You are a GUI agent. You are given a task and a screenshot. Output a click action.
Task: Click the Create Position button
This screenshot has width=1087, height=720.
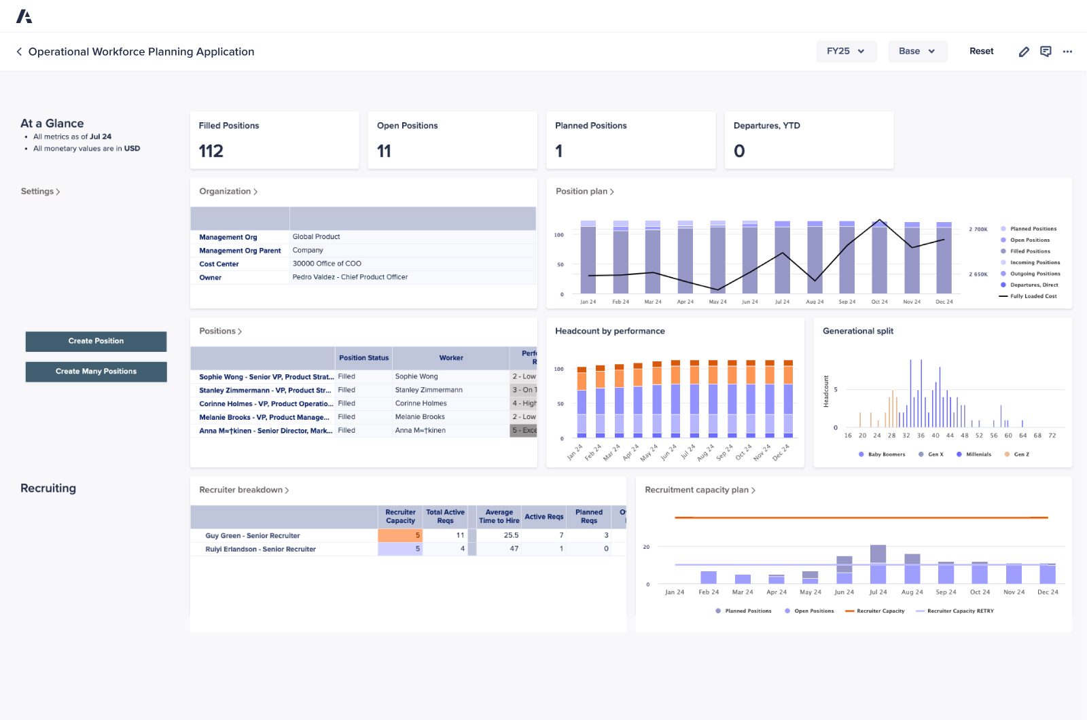[96, 341]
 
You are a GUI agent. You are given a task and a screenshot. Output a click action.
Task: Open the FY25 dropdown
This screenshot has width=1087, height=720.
[846, 51]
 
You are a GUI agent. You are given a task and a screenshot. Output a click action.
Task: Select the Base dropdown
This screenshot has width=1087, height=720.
[917, 51]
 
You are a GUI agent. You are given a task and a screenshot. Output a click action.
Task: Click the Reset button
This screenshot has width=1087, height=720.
[981, 51]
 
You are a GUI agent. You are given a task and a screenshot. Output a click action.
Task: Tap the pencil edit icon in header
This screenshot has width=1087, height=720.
[1024, 52]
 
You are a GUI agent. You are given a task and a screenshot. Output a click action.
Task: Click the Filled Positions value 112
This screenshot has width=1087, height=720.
[211, 151]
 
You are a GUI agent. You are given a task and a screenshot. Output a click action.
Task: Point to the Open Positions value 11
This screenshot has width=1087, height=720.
[384, 151]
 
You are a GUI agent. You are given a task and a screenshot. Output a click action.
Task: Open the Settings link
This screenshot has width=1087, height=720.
[40, 192]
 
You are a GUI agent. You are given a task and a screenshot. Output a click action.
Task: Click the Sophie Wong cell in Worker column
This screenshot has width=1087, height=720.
[416, 376]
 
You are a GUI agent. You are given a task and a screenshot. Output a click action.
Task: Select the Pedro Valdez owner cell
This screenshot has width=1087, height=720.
[350, 277]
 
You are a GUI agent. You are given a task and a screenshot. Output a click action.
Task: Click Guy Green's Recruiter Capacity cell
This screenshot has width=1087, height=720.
[400, 535]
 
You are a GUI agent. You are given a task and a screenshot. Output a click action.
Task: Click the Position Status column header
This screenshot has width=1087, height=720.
[364, 358]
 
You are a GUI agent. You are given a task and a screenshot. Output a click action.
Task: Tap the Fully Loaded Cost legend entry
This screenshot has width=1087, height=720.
[1033, 296]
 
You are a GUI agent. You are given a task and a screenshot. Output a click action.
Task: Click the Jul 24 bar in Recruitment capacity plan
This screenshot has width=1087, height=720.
[878, 564]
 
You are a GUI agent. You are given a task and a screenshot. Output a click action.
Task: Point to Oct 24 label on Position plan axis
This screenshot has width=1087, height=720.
[879, 302]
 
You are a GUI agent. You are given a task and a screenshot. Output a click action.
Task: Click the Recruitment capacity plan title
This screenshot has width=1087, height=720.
[696, 490]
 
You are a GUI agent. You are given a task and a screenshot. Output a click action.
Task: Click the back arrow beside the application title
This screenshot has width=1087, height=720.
[19, 52]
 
